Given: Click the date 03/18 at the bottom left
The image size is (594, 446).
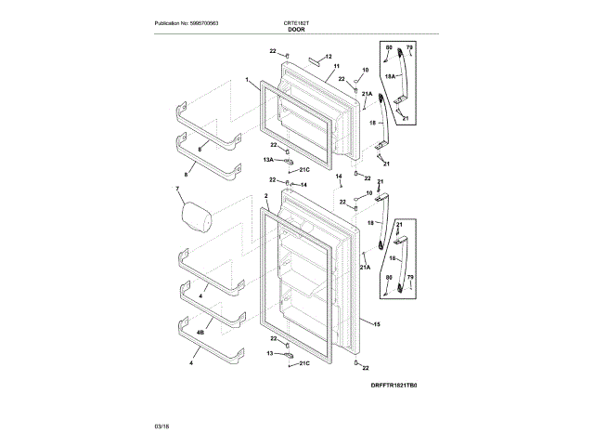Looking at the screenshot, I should coord(161,426).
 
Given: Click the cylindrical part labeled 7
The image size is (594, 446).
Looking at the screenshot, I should coord(196,218).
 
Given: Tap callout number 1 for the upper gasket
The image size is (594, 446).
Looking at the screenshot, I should coord(248,81).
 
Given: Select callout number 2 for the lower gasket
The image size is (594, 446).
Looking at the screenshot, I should coord(266,196).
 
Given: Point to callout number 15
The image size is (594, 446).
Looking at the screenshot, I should coord(377,324).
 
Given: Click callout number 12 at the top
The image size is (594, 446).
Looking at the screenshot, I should coord(328,57).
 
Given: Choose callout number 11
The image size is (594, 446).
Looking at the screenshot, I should coord(336,68).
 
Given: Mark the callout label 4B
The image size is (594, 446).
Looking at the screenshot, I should coord(200,332).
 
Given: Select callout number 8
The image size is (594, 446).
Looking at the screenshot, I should coord(186,174).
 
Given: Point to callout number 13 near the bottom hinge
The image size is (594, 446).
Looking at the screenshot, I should coord(271,354).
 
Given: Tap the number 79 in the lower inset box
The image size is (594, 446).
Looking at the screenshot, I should coord(410,276).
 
